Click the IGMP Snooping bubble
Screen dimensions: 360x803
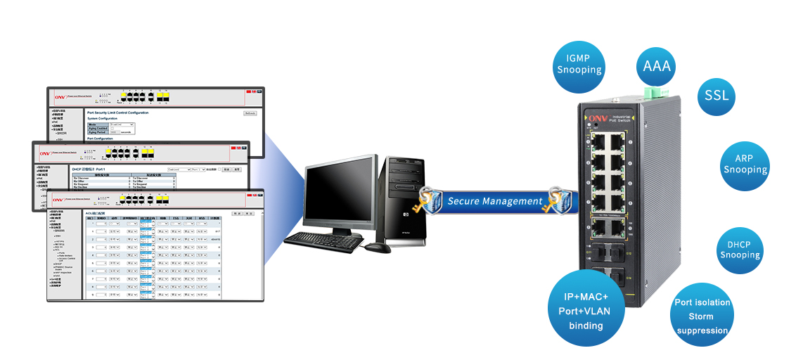(x=579, y=65)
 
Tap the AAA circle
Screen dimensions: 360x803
(x=657, y=67)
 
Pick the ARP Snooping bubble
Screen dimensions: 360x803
(x=745, y=165)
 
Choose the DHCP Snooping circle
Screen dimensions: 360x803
(x=740, y=250)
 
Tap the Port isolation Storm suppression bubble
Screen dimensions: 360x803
(x=702, y=316)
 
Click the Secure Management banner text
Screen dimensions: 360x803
(x=495, y=201)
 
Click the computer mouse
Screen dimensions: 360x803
(x=379, y=247)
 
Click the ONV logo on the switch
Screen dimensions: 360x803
(x=598, y=118)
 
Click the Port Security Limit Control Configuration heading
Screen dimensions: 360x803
(x=117, y=112)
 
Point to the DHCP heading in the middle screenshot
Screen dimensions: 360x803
(x=88, y=169)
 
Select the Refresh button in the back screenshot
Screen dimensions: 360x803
(x=250, y=112)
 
